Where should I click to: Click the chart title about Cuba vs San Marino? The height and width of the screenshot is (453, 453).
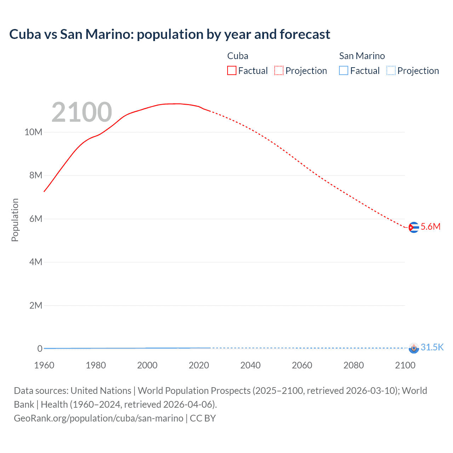pyautogui.click(x=170, y=34)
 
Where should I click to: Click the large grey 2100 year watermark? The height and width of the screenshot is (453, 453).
pyautogui.click(x=82, y=112)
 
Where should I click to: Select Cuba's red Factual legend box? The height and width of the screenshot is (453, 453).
pyautogui.click(x=232, y=71)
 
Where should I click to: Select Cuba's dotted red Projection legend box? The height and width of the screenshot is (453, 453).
pyautogui.click(x=279, y=71)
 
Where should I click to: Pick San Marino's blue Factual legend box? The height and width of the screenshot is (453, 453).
pyautogui.click(x=344, y=71)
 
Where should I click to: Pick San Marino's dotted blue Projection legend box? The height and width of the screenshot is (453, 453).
pyautogui.click(x=391, y=71)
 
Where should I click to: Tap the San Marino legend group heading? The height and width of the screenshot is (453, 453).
pyautogui.click(x=362, y=56)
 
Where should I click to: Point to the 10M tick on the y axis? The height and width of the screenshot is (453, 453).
pyautogui.click(x=33, y=132)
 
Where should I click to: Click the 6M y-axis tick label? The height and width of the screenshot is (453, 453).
pyautogui.click(x=36, y=219)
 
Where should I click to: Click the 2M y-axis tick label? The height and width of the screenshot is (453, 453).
pyautogui.click(x=36, y=305)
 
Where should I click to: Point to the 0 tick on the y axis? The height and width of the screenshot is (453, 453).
pyautogui.click(x=40, y=349)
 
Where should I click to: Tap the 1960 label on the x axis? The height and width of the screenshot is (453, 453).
pyautogui.click(x=44, y=365)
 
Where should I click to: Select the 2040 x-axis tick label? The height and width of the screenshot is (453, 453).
pyautogui.click(x=250, y=365)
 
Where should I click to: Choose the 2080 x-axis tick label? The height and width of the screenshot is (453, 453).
pyautogui.click(x=354, y=365)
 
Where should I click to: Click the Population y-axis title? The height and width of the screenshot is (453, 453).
pyautogui.click(x=15, y=220)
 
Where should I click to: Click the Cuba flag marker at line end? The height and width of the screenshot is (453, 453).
pyautogui.click(x=413, y=227)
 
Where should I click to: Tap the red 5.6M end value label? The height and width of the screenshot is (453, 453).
pyautogui.click(x=430, y=226)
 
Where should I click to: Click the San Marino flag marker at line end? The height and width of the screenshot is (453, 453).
pyautogui.click(x=413, y=348)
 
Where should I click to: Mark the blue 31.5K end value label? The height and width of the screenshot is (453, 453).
pyautogui.click(x=432, y=347)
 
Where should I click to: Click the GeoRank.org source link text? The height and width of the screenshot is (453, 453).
pyautogui.click(x=98, y=418)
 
